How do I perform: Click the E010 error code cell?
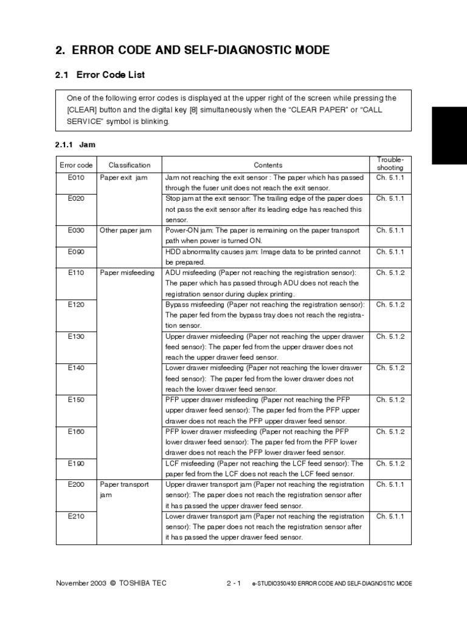76,178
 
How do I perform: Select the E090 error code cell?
76,251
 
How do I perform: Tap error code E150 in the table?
76,400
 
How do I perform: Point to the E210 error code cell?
76,517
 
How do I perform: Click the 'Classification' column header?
130,165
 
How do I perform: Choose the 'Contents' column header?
268,165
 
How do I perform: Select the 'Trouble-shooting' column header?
390,164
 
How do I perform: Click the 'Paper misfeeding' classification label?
128,273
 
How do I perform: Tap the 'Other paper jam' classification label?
126,231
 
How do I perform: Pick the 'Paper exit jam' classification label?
123,178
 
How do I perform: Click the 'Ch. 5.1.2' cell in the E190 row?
390,464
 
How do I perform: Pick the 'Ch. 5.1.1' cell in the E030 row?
390,231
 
